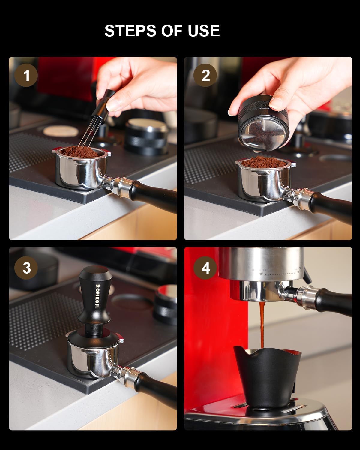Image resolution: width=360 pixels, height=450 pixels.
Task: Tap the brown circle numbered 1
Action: click(x=26, y=75)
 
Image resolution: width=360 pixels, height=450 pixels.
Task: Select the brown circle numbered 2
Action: click(x=205, y=75)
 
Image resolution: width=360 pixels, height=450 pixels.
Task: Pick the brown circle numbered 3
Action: click(x=26, y=268)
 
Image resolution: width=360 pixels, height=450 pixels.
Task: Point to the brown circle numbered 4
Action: click(x=205, y=268)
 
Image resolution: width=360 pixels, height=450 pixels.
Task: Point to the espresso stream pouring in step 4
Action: click(x=262, y=324)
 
